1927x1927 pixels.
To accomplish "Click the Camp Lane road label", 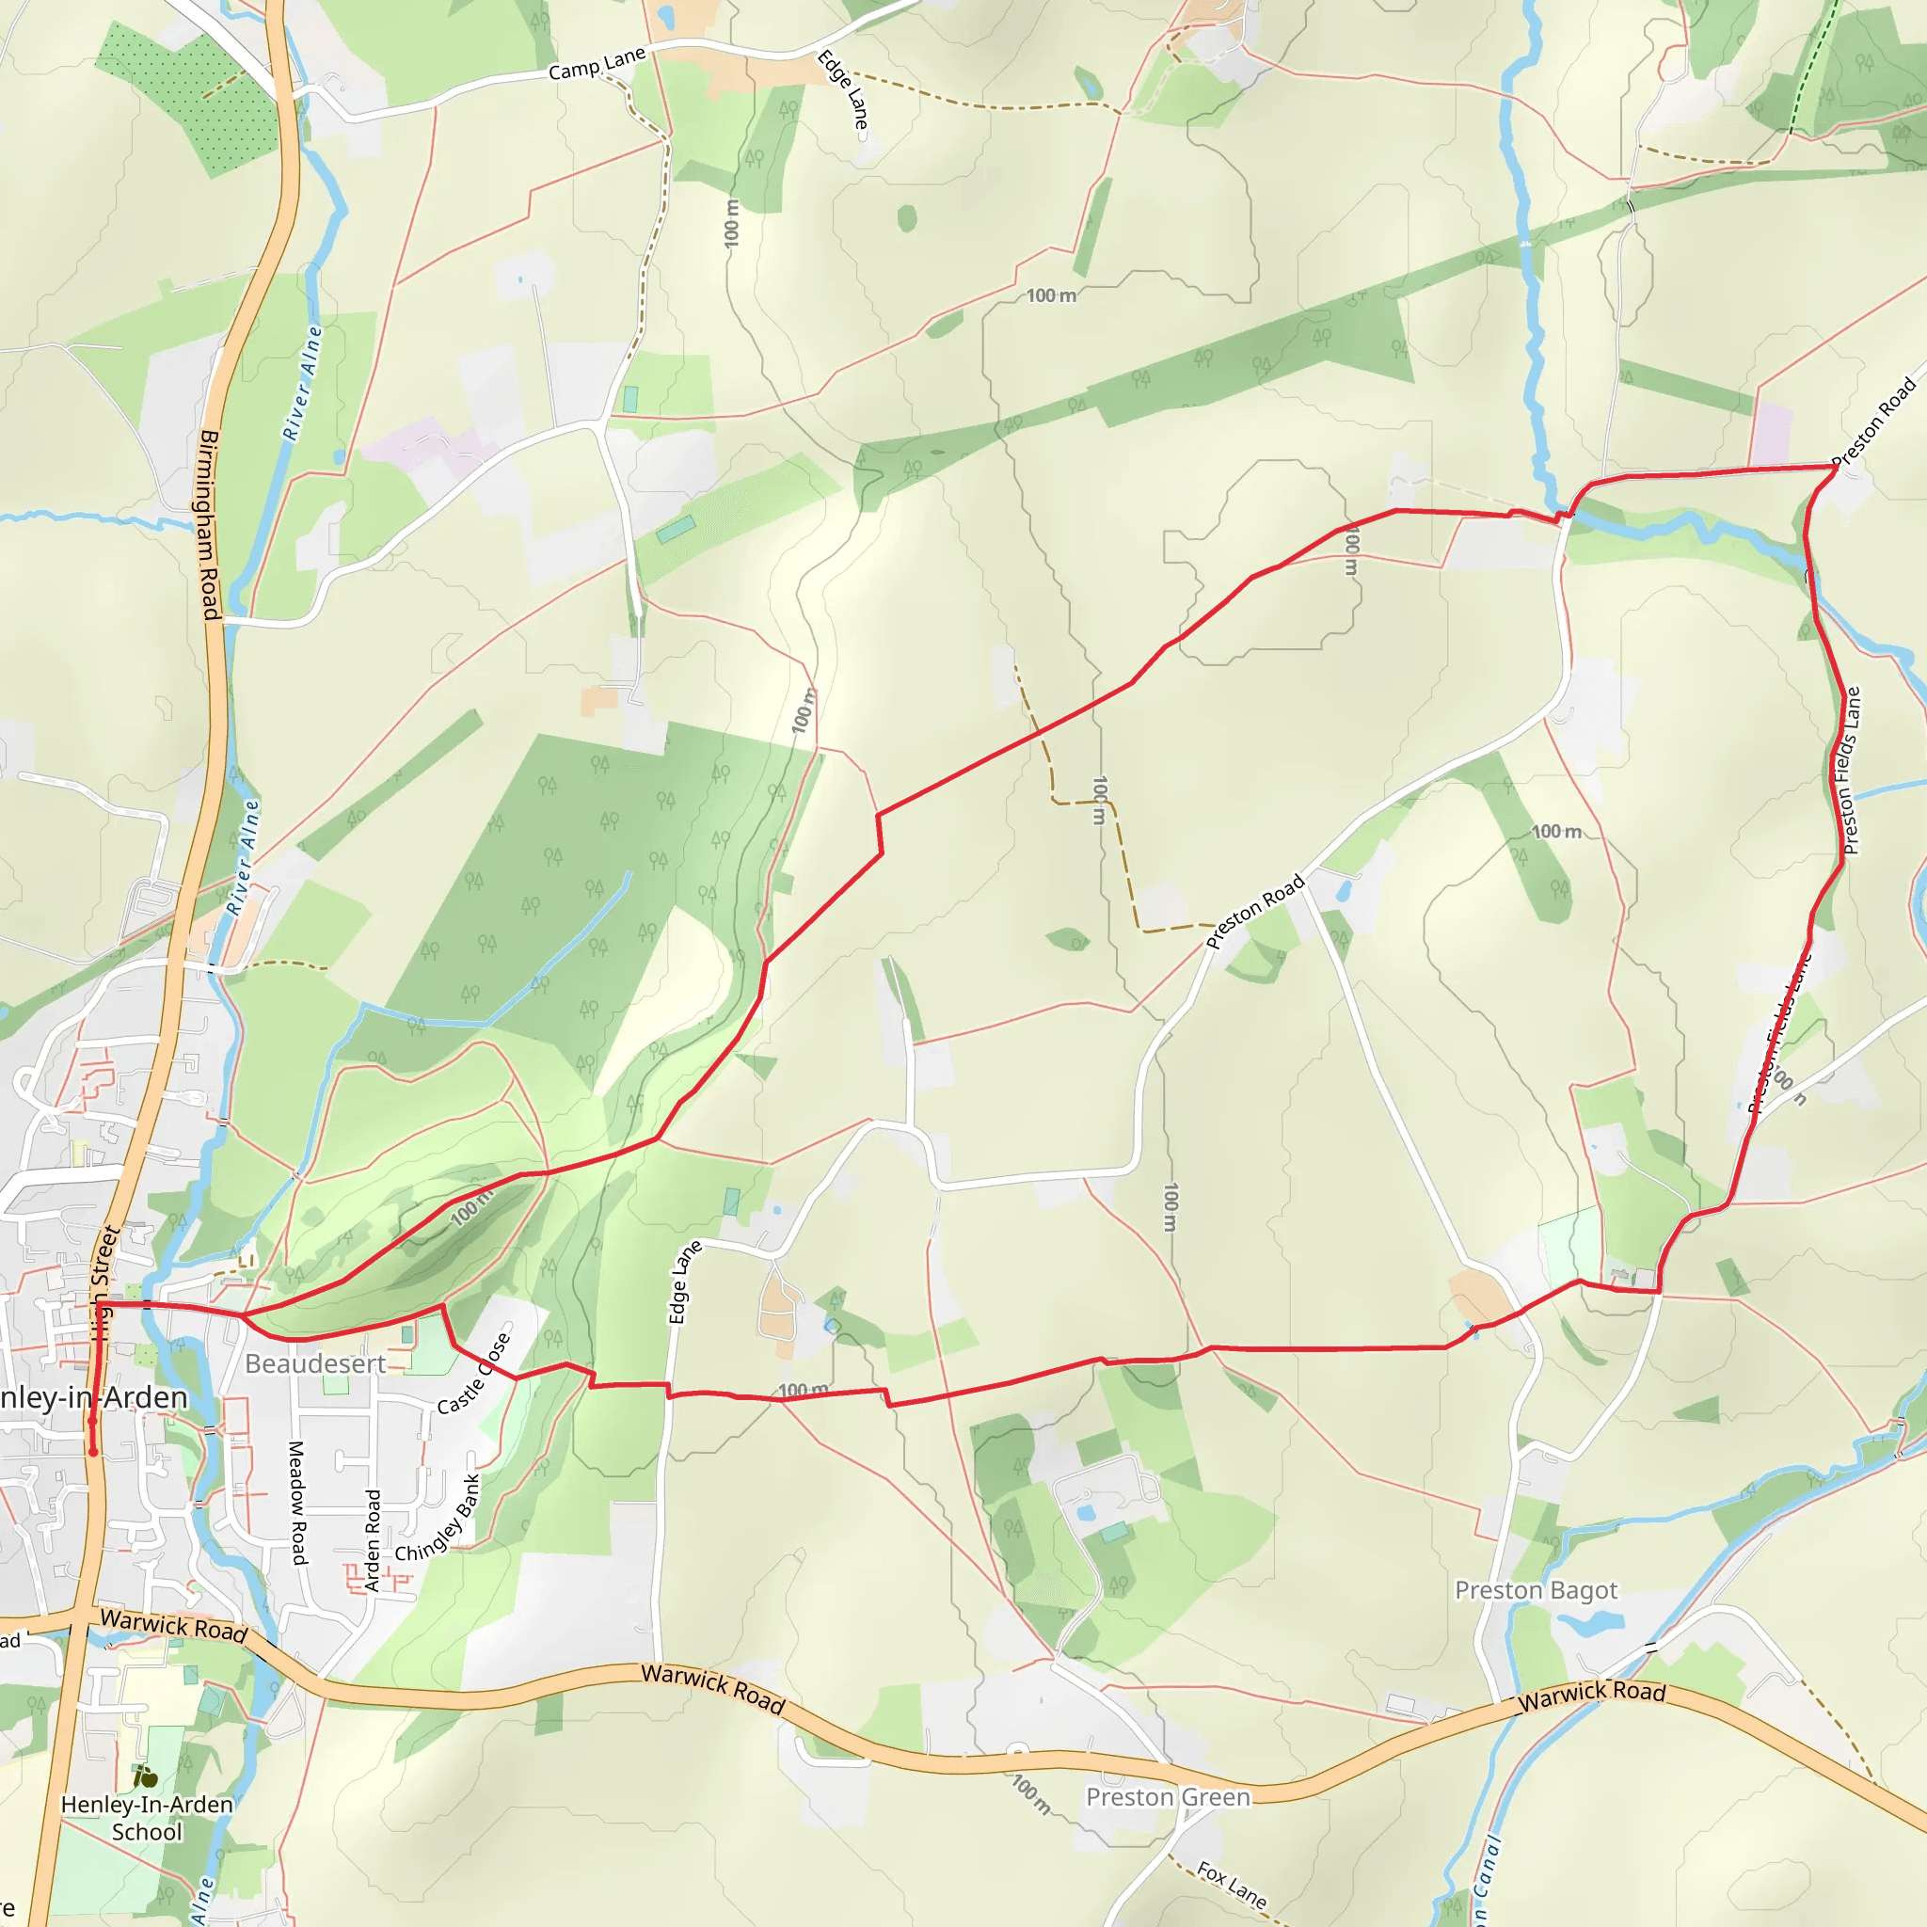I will tap(597, 64).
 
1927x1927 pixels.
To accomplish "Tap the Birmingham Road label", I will tap(209, 525).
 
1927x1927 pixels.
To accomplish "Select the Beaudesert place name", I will tap(315, 1363).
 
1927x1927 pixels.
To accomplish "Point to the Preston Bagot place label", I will tap(1536, 1590).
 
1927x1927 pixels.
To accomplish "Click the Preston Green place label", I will tap(1167, 1797).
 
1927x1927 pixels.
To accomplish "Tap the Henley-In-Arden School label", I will tap(147, 1818).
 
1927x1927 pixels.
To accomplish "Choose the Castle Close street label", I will tap(475, 1374).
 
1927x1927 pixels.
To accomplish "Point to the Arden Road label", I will tap(373, 1540).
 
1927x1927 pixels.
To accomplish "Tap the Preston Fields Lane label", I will tap(1851, 770).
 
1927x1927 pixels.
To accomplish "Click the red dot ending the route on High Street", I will tap(94, 1452).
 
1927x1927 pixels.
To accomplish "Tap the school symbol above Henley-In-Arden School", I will tap(147, 1776).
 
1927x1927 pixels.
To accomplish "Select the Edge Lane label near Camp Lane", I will tap(844, 89).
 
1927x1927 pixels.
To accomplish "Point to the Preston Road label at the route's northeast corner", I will tap(1874, 421).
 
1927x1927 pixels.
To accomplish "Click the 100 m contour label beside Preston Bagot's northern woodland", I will tap(1556, 832).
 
